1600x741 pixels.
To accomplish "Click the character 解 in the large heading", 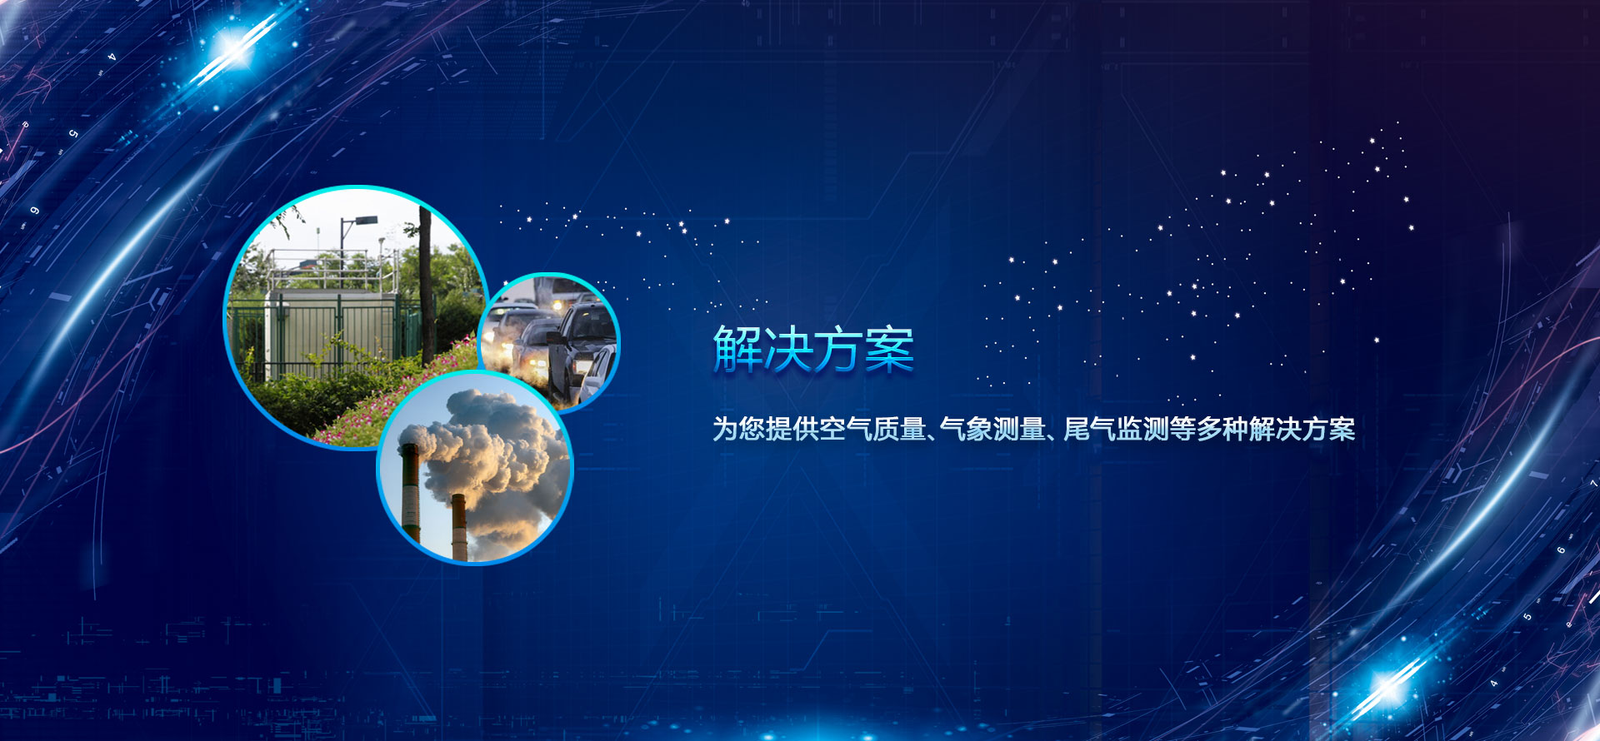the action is click(x=737, y=348).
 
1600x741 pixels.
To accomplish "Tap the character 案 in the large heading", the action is click(x=889, y=348).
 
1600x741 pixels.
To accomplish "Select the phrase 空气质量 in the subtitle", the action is click(x=872, y=429).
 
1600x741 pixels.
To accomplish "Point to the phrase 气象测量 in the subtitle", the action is click(x=992, y=429).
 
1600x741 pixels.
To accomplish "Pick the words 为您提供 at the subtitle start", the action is click(x=766, y=429).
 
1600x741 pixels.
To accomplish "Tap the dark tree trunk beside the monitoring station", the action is click(x=426, y=283).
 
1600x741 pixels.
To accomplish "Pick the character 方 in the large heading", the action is click(x=838, y=348).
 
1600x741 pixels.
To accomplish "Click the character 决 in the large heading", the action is click(x=788, y=348).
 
